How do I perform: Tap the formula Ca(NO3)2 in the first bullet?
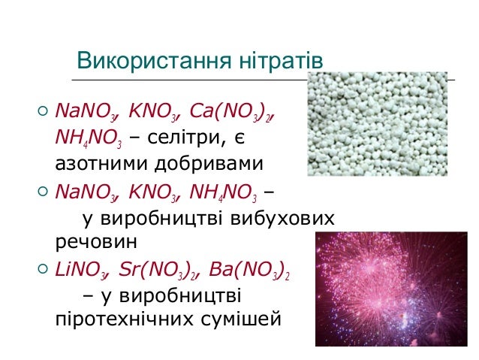[231, 111]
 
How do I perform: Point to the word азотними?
[101, 164]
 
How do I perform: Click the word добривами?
[209, 163]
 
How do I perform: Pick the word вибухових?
[282, 218]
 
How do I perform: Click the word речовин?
[96, 242]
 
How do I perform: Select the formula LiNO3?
[82, 270]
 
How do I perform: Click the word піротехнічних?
[125, 319]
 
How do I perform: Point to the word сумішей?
[241, 318]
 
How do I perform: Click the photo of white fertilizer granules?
[378, 124]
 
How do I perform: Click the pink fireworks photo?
[391, 289]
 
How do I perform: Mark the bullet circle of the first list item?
[43, 110]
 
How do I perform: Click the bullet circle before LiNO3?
[43, 269]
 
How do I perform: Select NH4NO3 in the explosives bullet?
[223, 192]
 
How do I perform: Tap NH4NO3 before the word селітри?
[89, 138]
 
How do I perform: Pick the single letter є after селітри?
[239, 138]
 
